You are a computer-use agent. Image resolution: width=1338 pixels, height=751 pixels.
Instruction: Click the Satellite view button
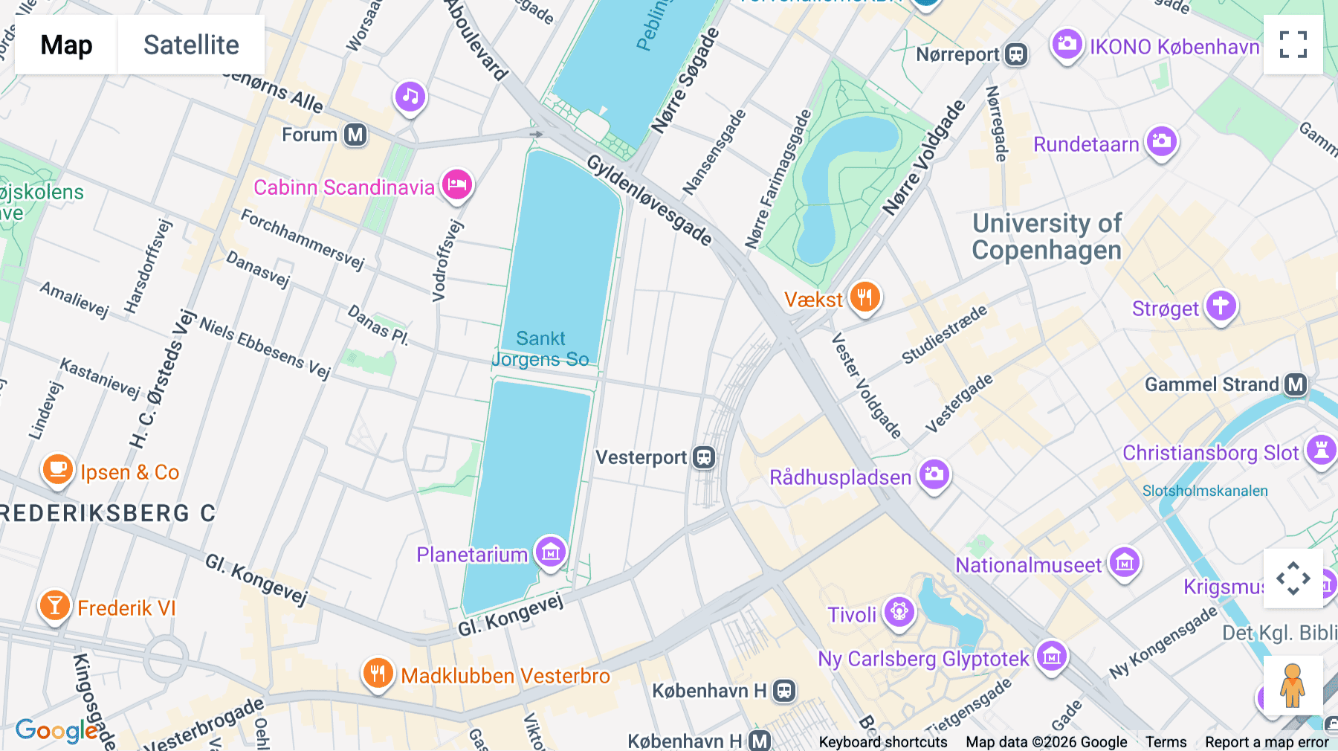[x=191, y=45]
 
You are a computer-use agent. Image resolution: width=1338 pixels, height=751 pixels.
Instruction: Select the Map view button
[x=66, y=45]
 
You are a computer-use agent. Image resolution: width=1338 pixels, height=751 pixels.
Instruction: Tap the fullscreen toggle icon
[x=1293, y=45]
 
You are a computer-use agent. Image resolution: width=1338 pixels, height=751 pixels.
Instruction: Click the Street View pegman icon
[x=1293, y=686]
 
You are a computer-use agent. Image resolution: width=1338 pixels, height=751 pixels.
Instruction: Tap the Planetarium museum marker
[x=551, y=552]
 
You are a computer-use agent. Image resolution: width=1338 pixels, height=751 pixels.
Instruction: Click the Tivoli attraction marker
[x=899, y=613]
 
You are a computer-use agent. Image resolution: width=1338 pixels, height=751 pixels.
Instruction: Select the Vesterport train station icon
[x=703, y=457]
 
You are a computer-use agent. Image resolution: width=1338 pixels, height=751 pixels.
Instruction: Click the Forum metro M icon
[x=355, y=135]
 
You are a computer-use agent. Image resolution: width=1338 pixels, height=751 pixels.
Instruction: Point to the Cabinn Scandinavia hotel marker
[x=457, y=184]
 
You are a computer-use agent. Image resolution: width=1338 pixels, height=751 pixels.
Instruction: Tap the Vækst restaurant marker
[x=864, y=297]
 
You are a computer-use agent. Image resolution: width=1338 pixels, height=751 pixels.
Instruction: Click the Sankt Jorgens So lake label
[x=541, y=349]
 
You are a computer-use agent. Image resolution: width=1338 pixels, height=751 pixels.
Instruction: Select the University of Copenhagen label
[x=1047, y=236]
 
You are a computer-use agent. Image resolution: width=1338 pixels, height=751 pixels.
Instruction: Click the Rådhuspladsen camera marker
[x=934, y=474]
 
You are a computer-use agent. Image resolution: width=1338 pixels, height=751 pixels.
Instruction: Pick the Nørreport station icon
[x=1016, y=54]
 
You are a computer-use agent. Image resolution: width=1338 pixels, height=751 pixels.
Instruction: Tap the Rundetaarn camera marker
[x=1161, y=141]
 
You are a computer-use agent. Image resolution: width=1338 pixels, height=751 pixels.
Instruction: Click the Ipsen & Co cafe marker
[x=57, y=470]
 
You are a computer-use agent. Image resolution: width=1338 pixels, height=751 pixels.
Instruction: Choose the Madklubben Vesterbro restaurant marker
[x=378, y=674]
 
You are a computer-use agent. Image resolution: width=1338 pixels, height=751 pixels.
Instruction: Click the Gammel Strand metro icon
[x=1296, y=384]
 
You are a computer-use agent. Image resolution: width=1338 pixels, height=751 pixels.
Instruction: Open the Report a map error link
[x=1267, y=742]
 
